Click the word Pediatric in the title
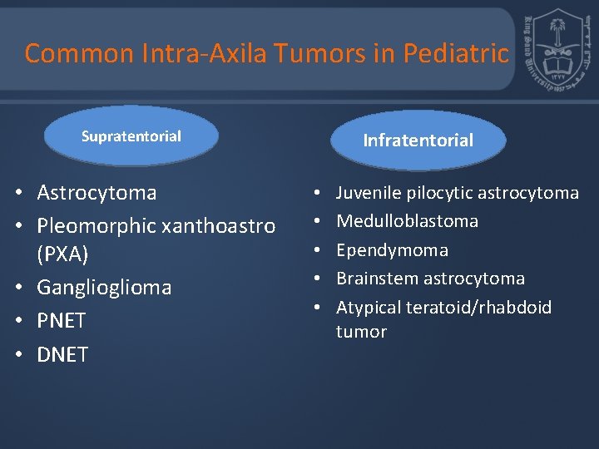coord(455,53)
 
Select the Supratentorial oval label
coord(131,136)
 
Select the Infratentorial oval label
coord(418,141)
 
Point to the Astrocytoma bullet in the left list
coord(97,193)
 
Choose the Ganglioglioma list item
coord(104,288)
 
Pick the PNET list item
coord(62,321)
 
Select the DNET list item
coord(62,354)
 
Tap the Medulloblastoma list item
coord(407,221)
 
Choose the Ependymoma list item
coord(392,250)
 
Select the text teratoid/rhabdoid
coord(478,308)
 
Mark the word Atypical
coord(368,308)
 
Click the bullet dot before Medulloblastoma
coord(319,222)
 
